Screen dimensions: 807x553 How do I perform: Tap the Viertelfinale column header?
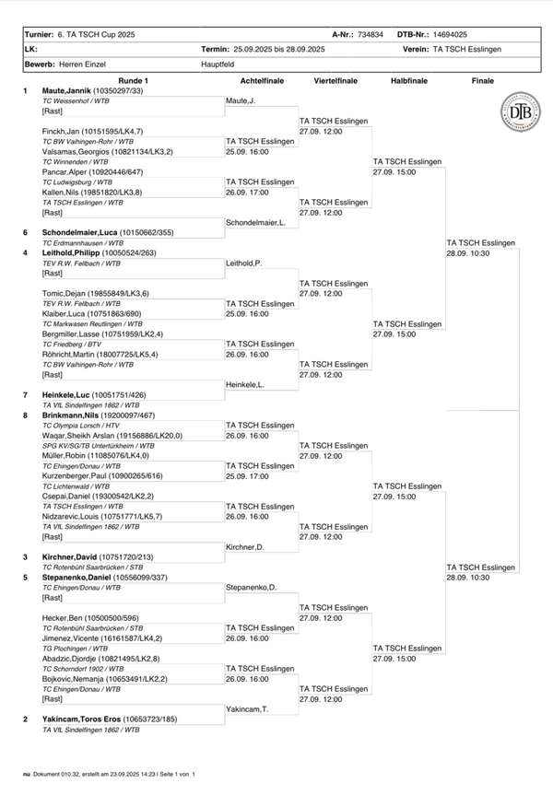[335, 81]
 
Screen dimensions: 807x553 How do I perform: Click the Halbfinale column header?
[408, 81]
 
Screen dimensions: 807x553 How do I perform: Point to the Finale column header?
[482, 81]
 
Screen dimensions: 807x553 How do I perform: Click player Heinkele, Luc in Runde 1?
[65, 393]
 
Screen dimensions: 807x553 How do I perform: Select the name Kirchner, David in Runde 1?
[69, 557]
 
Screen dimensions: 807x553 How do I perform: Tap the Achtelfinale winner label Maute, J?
[241, 100]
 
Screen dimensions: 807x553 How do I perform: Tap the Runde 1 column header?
[133, 81]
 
